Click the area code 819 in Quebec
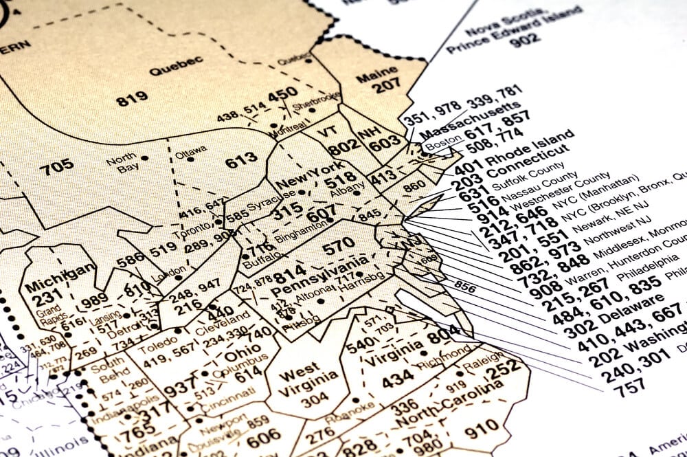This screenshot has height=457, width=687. pos(131,99)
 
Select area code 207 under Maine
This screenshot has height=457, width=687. pos(385,86)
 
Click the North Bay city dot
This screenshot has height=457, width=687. pos(145,158)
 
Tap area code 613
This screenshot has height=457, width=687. pos(241,161)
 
